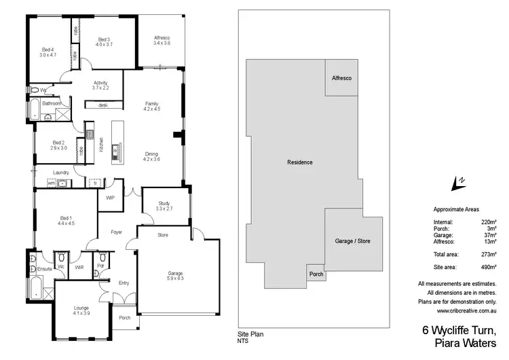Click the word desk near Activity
tap(103, 105)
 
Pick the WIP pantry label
tap(110, 198)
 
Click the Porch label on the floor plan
tap(124, 317)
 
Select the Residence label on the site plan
tap(299, 162)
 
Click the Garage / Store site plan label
tap(353, 241)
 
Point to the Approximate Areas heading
tap(456, 211)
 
